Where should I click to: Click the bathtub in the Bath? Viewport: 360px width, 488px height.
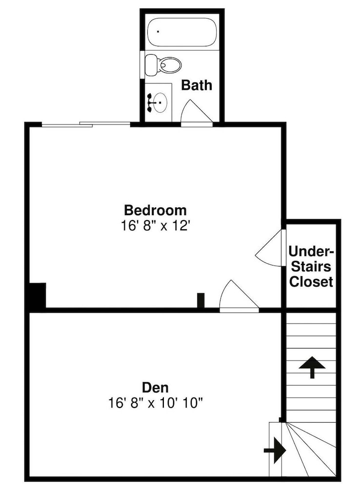pyautogui.click(x=182, y=32)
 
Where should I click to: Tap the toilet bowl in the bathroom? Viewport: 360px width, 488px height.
pyautogui.click(x=170, y=65)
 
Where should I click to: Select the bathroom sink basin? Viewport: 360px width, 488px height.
pyautogui.click(x=160, y=102)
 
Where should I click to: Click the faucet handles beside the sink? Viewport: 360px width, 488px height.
pyautogui.click(x=150, y=102)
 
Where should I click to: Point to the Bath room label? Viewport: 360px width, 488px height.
pyautogui.click(x=197, y=85)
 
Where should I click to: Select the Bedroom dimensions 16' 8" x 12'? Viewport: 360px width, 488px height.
pyautogui.click(x=155, y=225)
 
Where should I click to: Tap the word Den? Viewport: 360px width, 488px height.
pyautogui.click(x=155, y=387)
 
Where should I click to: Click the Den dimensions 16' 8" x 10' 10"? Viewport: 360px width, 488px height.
pyautogui.click(x=155, y=403)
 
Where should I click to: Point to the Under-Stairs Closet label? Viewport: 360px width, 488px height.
pyautogui.click(x=311, y=266)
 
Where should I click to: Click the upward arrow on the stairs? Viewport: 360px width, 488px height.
pyautogui.click(x=312, y=367)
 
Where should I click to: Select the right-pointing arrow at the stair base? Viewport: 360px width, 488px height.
pyautogui.click(x=275, y=450)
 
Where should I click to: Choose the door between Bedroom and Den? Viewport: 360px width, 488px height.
pyautogui.click(x=239, y=296)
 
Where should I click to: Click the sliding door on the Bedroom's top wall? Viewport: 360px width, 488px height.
pyautogui.click(x=86, y=124)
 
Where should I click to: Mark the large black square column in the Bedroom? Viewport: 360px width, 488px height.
pyautogui.click(x=38, y=295)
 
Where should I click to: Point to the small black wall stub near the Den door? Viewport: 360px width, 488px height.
pyautogui.click(x=201, y=301)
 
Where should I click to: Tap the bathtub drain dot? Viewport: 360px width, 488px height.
pyautogui.click(x=158, y=31)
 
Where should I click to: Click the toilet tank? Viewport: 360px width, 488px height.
pyautogui.click(x=152, y=65)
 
